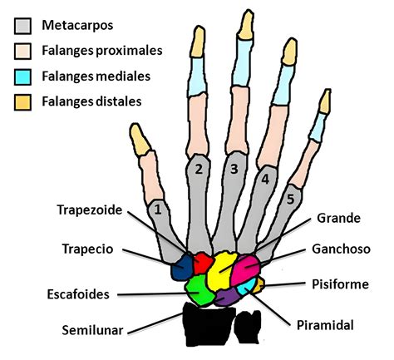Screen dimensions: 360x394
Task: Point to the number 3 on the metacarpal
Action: coord(234,170)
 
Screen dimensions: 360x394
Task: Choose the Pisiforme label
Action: coord(337,284)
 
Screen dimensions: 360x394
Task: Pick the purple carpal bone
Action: coord(227,296)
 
